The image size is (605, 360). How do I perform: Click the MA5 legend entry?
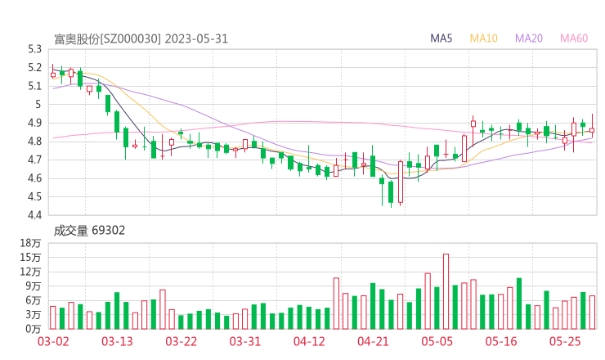(x=442, y=38)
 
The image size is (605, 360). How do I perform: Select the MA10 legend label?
(x=484, y=38)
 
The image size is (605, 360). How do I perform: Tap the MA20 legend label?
(x=529, y=38)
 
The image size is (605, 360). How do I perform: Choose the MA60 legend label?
(x=574, y=38)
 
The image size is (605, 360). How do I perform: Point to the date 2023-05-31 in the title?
(x=196, y=38)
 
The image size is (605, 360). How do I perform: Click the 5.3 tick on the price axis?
(x=34, y=48)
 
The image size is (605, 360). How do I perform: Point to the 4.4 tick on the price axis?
(x=34, y=215)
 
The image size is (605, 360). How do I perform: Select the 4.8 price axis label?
(x=34, y=142)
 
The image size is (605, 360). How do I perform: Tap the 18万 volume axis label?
(x=30, y=244)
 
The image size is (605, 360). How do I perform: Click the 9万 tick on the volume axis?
(x=33, y=286)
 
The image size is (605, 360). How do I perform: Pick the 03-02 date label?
(x=53, y=341)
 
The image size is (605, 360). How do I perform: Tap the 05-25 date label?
(x=565, y=341)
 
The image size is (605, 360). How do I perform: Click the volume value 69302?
(x=110, y=231)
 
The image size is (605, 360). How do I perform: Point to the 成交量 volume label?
(x=70, y=231)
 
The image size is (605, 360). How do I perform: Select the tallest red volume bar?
(x=446, y=290)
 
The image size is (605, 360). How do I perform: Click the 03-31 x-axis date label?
(x=244, y=341)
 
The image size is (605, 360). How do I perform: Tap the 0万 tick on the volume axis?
(x=33, y=328)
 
